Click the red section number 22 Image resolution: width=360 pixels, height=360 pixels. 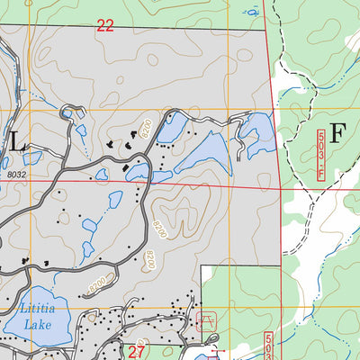pyautogui.click(x=105, y=26)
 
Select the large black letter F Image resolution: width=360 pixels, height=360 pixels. pyautogui.click(x=337, y=133)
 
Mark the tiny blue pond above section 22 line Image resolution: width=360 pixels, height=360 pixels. pyautogui.click(x=253, y=12)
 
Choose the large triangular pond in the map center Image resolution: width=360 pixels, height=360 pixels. pyautogui.click(x=202, y=151)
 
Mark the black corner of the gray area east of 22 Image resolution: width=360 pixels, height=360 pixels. pyautogui.click(x=268, y=31)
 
